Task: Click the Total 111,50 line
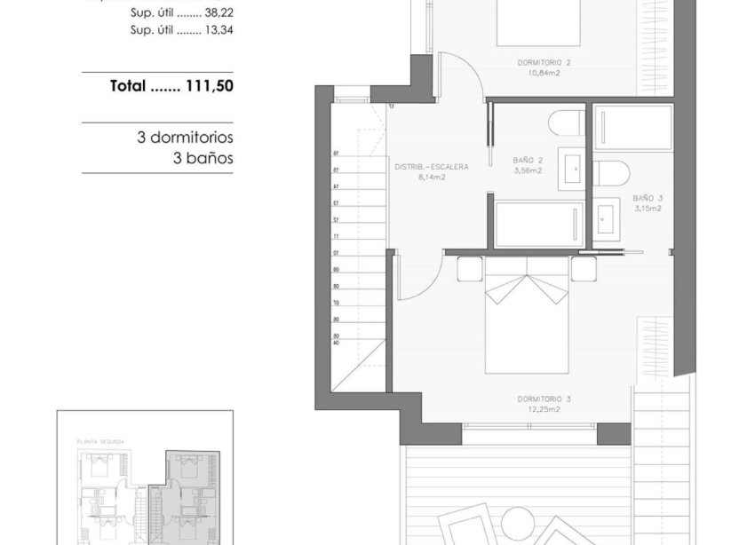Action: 171,86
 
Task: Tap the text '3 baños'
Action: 203,159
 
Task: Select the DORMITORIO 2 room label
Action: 544,63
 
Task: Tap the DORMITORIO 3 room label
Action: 544,399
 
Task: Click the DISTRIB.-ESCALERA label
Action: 431,166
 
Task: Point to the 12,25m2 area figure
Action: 544,409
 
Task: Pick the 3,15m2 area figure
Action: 648,209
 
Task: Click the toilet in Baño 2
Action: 566,122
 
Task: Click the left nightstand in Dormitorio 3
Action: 470,268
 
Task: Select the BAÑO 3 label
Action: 648,198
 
